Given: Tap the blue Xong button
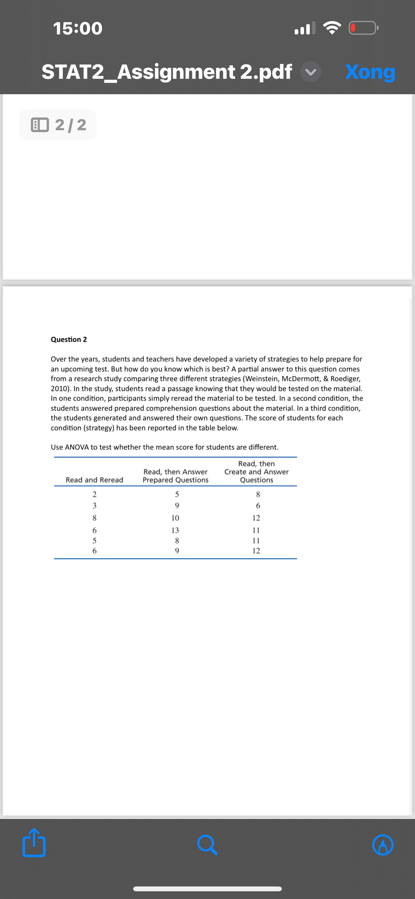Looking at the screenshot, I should [x=370, y=72].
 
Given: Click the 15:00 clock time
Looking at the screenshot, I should [x=78, y=28].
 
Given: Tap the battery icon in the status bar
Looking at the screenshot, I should [x=363, y=28].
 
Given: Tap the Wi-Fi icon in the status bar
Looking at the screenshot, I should [x=332, y=28].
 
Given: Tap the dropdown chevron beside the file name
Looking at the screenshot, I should [x=310, y=72].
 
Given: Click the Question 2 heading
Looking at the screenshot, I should [x=69, y=340].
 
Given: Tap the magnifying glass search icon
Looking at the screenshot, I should [x=207, y=845].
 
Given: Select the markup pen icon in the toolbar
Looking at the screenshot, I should [x=383, y=845].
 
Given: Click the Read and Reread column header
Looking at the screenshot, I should [x=94, y=480].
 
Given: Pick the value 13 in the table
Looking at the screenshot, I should [x=175, y=530].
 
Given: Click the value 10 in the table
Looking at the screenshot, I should [x=175, y=518].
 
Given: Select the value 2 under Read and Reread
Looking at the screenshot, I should [x=94, y=494].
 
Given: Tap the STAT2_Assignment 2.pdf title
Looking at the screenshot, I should [x=167, y=72].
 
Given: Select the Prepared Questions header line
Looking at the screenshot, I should [x=175, y=480].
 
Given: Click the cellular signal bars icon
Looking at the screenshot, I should [x=305, y=28].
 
